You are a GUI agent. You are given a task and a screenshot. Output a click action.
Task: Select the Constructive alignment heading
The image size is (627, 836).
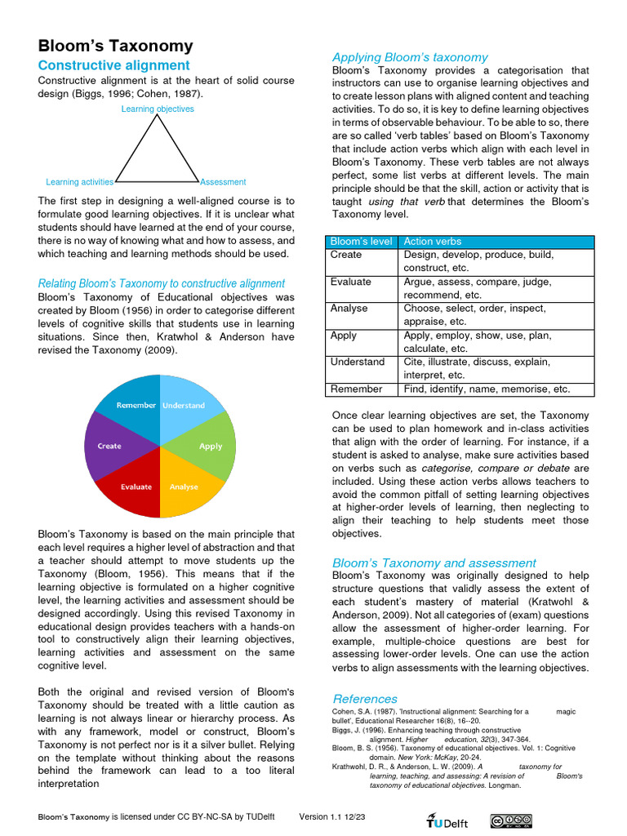click(x=114, y=65)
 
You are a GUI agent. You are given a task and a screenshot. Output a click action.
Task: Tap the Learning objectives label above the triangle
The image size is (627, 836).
click(x=158, y=109)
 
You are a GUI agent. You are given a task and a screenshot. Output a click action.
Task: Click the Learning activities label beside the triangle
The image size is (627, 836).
click(x=79, y=182)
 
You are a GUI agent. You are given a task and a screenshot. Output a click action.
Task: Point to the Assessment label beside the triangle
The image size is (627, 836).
click(x=223, y=182)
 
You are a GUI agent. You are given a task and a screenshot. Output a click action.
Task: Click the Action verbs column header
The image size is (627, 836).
click(x=433, y=242)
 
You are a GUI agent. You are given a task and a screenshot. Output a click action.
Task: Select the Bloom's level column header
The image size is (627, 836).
click(x=360, y=242)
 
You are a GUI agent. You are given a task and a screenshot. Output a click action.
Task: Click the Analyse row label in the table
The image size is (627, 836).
click(x=349, y=309)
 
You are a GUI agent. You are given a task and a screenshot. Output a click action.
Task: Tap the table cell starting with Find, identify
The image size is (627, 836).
click(x=487, y=389)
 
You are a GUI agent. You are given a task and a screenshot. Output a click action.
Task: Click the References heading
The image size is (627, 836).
click(x=365, y=699)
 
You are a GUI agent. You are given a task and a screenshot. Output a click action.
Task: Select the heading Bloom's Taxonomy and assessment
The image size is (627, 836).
click(x=434, y=563)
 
